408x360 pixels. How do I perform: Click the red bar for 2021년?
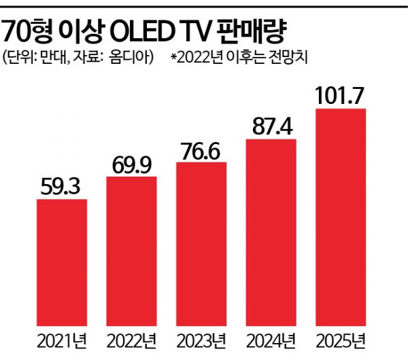pos(61,262)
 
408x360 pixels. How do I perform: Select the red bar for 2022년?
pos(132,251)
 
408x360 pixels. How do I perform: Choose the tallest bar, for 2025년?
pos(342,217)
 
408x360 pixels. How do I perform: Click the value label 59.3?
pos(61,185)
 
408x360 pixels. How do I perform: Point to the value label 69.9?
pos(132,163)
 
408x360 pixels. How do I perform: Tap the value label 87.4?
pos(272,126)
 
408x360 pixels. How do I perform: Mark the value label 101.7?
pos(342,95)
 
